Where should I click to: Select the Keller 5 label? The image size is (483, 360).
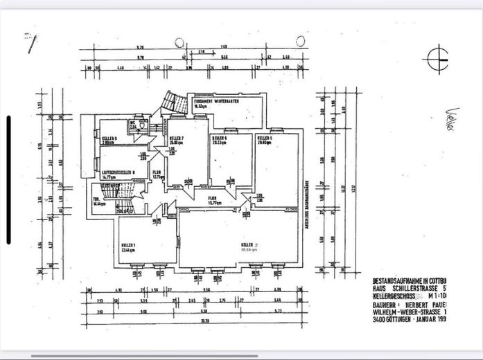264,139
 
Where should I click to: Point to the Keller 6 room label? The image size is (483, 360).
220,140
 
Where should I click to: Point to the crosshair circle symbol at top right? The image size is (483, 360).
439,58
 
